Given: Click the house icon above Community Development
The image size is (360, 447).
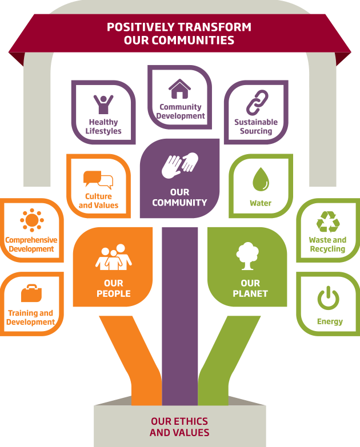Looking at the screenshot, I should tap(180, 88).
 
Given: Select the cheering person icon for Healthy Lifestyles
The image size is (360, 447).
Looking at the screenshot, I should tap(103, 104).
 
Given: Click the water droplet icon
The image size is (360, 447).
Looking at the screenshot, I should tap(261, 179).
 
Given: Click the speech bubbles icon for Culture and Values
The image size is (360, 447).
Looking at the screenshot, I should tap(98, 180).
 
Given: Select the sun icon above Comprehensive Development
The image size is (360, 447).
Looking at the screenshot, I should tap(31, 220).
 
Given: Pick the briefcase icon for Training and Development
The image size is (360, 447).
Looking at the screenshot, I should tap(31, 293).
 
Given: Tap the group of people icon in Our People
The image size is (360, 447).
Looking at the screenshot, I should tap(114, 258).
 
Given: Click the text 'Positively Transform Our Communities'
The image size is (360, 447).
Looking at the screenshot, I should tap(179, 34).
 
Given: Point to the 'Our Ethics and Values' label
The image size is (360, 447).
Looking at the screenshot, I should tap(179, 427).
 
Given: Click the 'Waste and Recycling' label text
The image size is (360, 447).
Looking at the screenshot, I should tap(327, 244).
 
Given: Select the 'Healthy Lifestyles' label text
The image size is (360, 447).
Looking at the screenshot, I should tap(103, 127).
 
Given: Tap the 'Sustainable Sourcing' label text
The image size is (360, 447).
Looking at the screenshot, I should tap(256, 127).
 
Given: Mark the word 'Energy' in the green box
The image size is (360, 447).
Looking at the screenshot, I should tap(330, 321).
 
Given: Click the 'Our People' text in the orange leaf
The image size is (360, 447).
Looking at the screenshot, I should tap(113, 288).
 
